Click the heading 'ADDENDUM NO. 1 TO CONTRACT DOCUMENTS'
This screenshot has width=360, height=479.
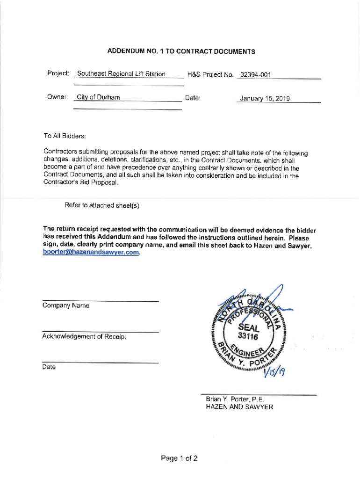coord(181,51)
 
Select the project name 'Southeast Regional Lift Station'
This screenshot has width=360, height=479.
coord(121,74)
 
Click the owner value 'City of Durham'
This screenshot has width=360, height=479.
coord(98,97)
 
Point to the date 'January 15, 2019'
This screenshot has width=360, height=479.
coord(265,98)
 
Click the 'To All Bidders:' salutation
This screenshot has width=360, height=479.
coord(65,136)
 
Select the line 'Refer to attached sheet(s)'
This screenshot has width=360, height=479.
coord(102,205)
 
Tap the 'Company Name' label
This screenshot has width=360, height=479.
coord(65,305)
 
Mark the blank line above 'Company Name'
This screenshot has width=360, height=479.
coord(101,301)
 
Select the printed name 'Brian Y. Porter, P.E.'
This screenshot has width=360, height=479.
coord(235,399)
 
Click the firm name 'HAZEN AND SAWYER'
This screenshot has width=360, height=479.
coord(239,407)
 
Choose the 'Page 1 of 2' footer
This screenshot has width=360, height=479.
coord(179,458)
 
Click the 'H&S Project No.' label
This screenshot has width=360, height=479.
coord(210,75)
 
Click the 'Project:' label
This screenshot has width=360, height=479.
coord(58,73)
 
